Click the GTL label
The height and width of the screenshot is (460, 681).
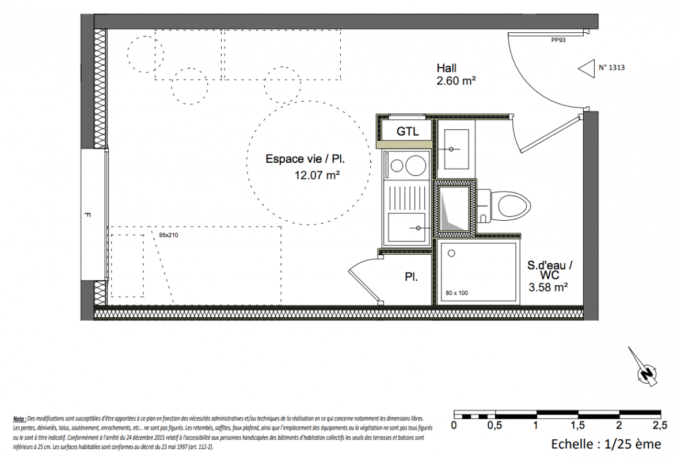click(408, 131)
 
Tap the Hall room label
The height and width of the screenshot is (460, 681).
click(447, 68)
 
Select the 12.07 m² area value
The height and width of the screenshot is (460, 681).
click(317, 175)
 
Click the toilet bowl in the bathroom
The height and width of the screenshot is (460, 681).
click(514, 206)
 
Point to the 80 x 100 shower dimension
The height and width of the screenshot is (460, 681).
click(457, 293)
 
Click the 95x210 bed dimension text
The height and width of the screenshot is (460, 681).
click(169, 235)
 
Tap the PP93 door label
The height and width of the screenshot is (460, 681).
click(558, 40)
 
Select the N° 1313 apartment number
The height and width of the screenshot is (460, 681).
click(611, 67)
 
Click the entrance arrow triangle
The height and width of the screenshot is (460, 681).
click(587, 68)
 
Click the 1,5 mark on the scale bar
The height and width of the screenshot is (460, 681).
click(578, 425)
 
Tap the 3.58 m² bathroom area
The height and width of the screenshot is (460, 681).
click(548, 287)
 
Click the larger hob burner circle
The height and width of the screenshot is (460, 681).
click(416, 166)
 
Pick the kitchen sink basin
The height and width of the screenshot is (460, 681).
click(406, 227)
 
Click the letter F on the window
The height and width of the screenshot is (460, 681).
click(87, 215)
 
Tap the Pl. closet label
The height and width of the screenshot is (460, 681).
click(411, 277)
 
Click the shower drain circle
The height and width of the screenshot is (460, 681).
click(451, 254)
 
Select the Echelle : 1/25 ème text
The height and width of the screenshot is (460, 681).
click(606, 444)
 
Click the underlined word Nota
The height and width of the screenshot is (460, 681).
click(19, 419)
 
